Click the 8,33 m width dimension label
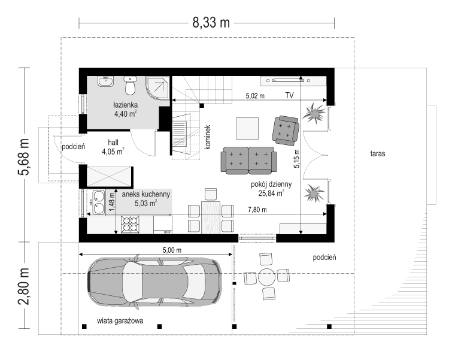(211, 23)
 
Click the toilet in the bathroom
(131, 85)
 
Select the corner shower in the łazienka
(158, 88)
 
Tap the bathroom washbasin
(105, 81)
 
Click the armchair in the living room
(286, 131)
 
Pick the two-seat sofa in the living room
(248, 160)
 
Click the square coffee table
(247, 128)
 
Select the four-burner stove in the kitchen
(130, 225)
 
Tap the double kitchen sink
(98, 202)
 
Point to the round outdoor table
(267, 277)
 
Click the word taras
(378, 153)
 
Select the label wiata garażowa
(120, 320)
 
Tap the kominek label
(208, 137)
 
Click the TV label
(289, 95)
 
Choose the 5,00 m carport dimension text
(172, 250)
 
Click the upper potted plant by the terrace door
(314, 113)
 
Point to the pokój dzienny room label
(271, 184)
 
